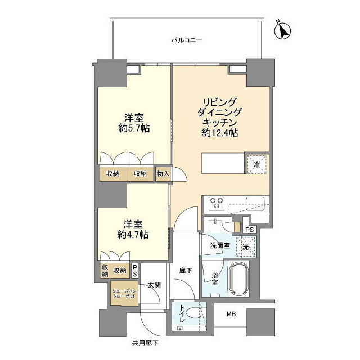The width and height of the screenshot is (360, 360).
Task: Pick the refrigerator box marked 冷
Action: click(256, 165)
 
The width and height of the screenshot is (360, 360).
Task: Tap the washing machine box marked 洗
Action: click(246, 246)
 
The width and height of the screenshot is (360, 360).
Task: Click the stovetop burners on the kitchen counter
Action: click(217, 202)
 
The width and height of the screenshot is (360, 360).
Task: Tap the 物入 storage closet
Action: click(163, 174)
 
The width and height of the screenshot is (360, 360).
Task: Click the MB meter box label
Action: click(231, 314)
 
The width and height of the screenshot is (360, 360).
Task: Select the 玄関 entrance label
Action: click(155, 285)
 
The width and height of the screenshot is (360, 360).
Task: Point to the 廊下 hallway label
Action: click(186, 271)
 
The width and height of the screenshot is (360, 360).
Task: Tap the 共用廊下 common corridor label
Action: click(146, 343)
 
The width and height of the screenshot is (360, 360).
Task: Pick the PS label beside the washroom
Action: click(250, 229)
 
